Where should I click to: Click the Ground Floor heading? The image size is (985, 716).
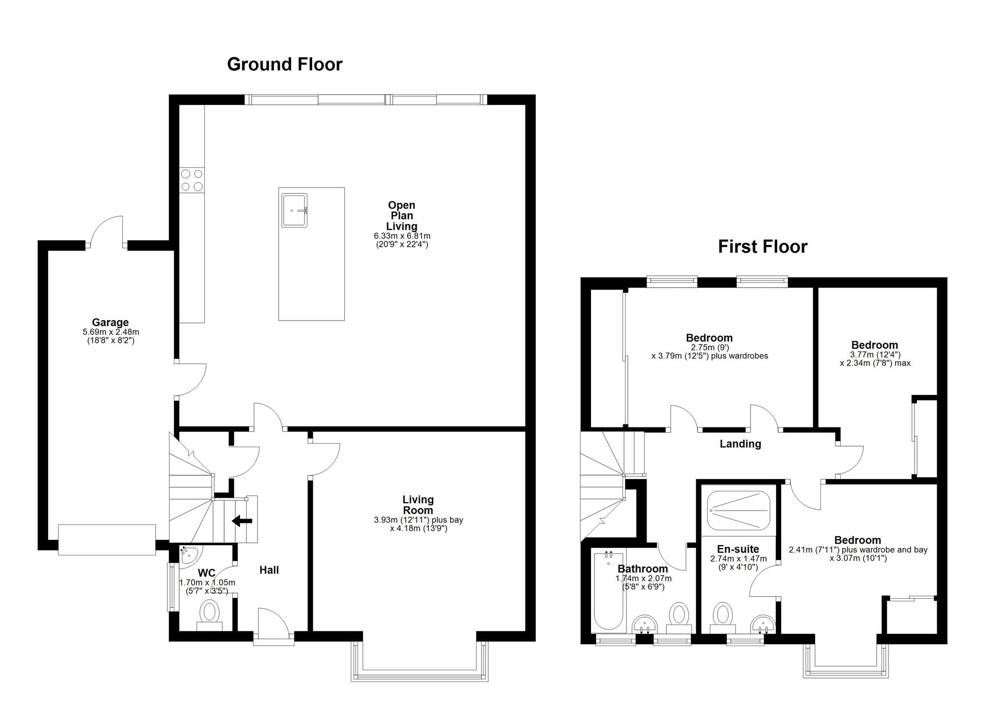click(x=284, y=65)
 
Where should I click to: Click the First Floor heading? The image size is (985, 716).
click(x=762, y=247)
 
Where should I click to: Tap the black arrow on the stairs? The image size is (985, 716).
click(x=242, y=521)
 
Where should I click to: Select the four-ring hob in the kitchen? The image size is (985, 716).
click(x=192, y=180)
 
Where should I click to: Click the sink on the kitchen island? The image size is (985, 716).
click(x=295, y=210)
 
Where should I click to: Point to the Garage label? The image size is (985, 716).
click(x=110, y=323)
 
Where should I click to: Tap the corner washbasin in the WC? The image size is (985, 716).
click(x=188, y=554)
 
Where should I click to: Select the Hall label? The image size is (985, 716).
click(x=269, y=570)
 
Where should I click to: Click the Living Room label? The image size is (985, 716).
click(x=418, y=505)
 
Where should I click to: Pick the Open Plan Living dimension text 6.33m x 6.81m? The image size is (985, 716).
click(x=402, y=236)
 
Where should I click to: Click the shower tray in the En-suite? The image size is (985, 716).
click(x=738, y=510)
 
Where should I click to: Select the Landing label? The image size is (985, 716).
click(x=740, y=444)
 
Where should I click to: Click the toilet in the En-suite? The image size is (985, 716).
click(x=723, y=616)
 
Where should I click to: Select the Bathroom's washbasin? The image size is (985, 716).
click(x=644, y=624)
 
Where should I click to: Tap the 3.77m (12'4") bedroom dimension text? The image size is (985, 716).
click(x=875, y=355)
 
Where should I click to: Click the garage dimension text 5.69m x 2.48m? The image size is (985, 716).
click(x=111, y=332)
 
